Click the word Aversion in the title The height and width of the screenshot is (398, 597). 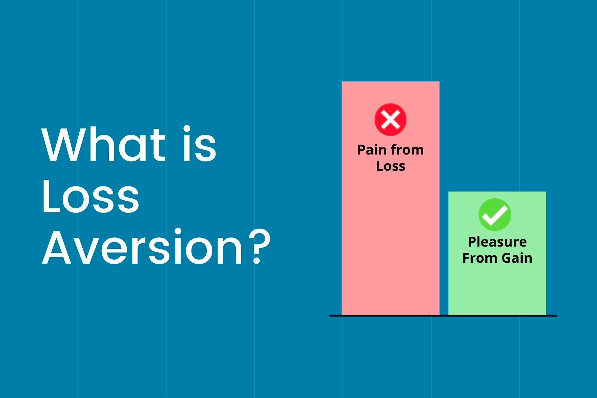142,246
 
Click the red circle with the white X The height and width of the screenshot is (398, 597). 391,120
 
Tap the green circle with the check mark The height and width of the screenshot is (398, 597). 495,215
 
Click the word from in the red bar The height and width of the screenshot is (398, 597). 407,150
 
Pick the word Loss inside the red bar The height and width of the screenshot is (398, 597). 391,166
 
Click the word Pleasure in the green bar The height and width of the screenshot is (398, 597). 497,242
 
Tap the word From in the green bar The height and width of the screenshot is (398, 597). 480,258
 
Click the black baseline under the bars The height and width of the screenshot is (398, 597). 443,316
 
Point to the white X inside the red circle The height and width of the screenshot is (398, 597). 391,120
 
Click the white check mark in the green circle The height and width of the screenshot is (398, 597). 495,215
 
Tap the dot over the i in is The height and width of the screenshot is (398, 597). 187,129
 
